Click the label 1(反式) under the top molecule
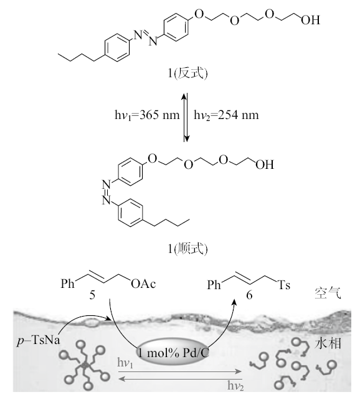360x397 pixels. [x=187, y=74]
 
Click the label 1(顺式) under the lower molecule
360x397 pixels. [x=187, y=249]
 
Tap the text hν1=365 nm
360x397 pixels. [x=147, y=115]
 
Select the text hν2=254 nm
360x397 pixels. [x=227, y=115]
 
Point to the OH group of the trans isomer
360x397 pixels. [x=310, y=20]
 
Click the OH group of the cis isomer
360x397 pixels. [x=265, y=165]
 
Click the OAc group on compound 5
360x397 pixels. [x=143, y=284]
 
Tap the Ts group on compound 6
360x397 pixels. [x=284, y=285]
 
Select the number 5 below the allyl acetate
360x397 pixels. [x=92, y=295]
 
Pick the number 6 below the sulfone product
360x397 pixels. [x=249, y=295]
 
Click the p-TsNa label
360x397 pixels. [x=39, y=340]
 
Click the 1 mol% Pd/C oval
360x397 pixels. [x=173, y=353]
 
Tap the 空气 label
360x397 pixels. [x=328, y=294]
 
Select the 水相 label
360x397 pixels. [x=328, y=344]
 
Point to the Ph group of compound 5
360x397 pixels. [x=67, y=284]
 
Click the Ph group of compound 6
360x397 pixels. [x=214, y=285]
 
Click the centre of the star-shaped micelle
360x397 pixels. [x=85, y=365]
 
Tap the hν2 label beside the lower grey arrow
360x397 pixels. [x=235, y=386]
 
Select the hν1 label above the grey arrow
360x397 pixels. [x=125, y=363]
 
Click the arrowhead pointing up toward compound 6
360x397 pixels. [x=235, y=302]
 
